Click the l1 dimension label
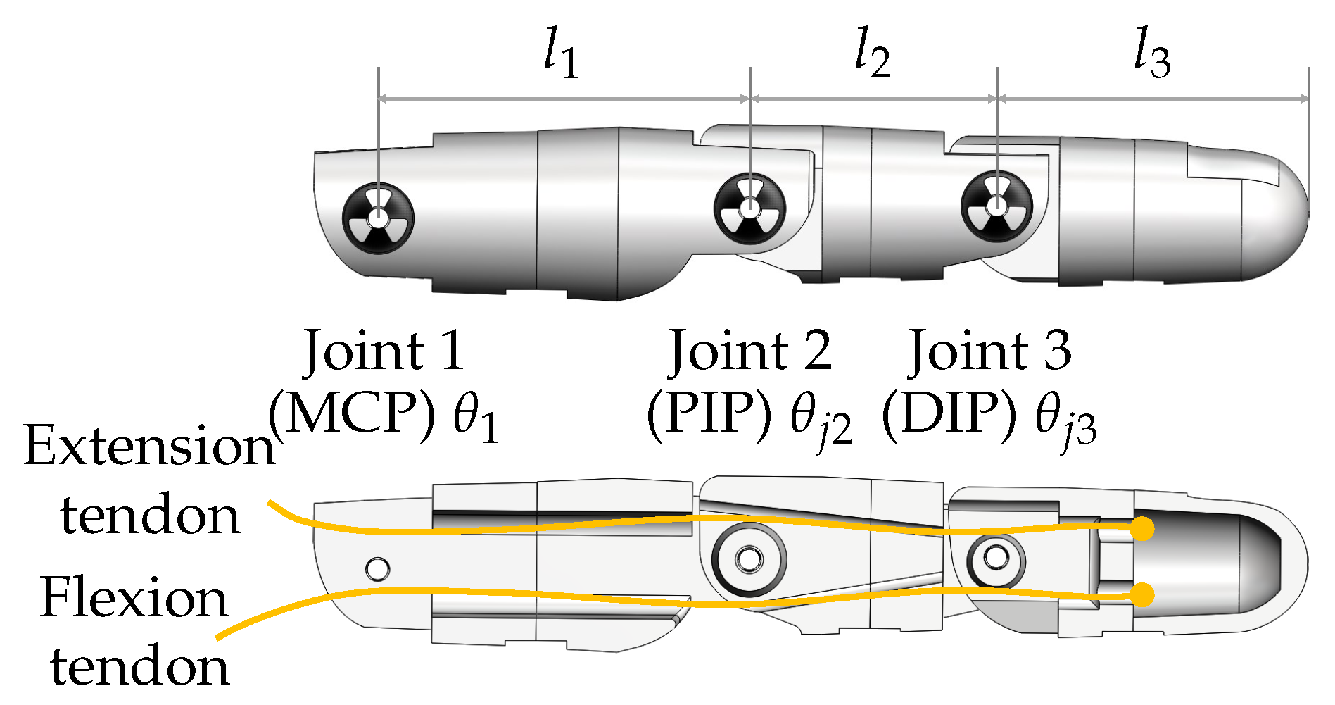pyautogui.click(x=561, y=55)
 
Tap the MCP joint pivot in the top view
pyautogui.click(x=378, y=218)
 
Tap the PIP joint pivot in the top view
pyautogui.click(x=750, y=208)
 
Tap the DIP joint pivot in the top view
pyautogui.click(x=996, y=206)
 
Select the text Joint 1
pyautogui.click(x=384, y=350)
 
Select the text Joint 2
pyautogui.click(x=750, y=350)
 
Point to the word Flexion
pyautogui.click(x=134, y=597)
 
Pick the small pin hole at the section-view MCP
pyautogui.click(x=377, y=568)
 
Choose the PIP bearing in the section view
pyautogui.click(x=748, y=560)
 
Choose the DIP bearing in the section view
pyautogui.click(x=996, y=559)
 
